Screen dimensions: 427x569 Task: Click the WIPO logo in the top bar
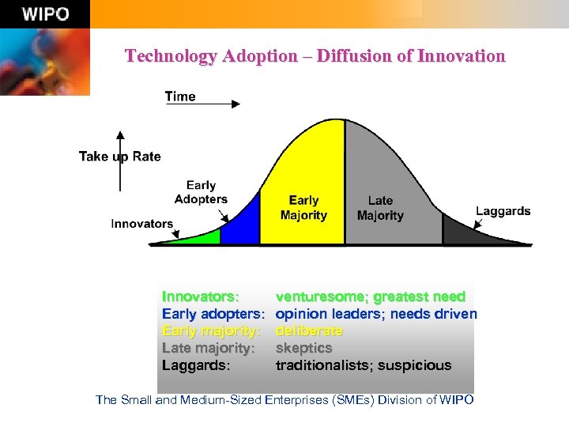[x=45, y=14]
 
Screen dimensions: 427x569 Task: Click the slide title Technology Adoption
[x=315, y=56]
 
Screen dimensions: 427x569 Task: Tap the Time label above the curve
[x=180, y=96]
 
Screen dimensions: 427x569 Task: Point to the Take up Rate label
[x=119, y=157]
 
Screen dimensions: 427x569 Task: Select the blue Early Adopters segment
[x=241, y=226]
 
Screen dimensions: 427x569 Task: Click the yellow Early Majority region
[x=303, y=182]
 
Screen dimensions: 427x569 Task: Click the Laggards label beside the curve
[x=503, y=211]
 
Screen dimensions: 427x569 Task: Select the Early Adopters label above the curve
[x=201, y=193]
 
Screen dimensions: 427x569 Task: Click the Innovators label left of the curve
[x=141, y=224]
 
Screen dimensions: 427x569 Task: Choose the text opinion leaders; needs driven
[x=376, y=314]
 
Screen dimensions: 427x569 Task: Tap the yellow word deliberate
[x=309, y=331]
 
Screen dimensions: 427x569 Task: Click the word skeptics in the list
[x=303, y=348]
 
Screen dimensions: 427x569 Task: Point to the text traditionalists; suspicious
[x=364, y=365]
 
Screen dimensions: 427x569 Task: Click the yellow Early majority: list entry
[x=211, y=331]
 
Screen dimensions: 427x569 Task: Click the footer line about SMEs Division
[x=284, y=400]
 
